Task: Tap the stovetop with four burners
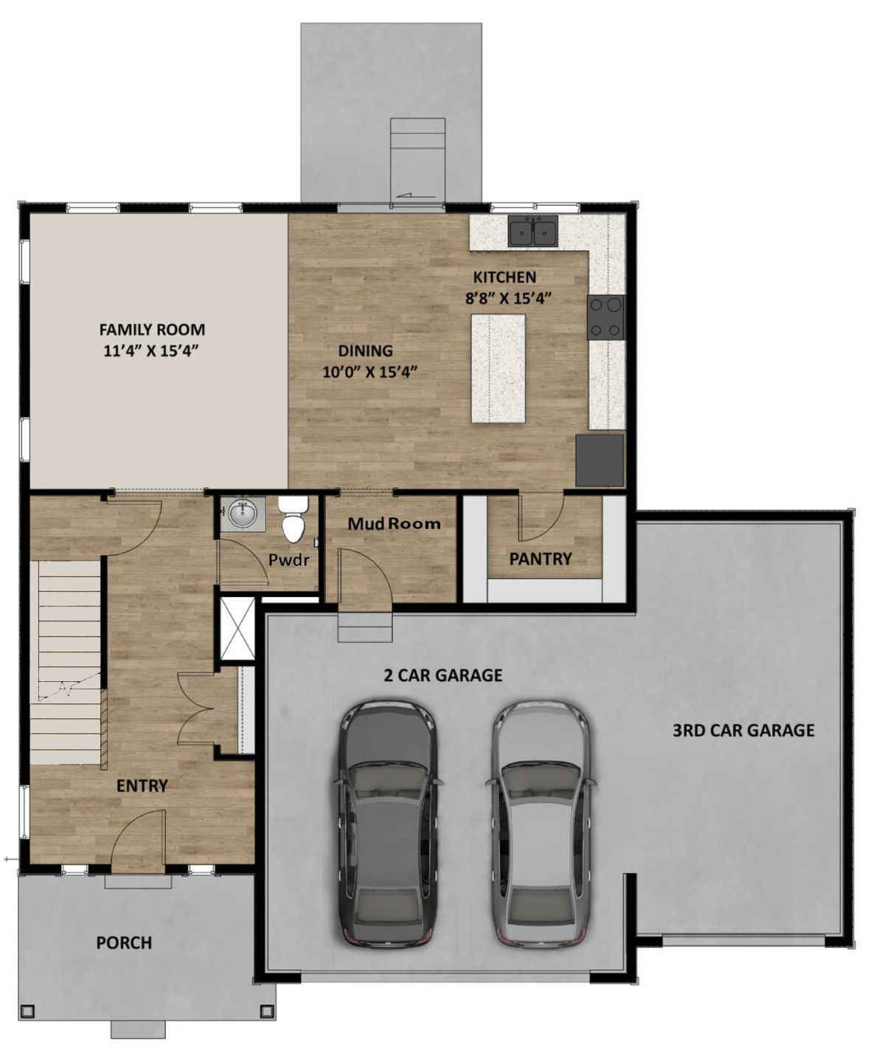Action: (x=605, y=317)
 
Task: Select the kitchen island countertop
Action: (x=498, y=368)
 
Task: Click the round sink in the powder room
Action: (x=243, y=514)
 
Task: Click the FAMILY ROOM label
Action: (x=152, y=330)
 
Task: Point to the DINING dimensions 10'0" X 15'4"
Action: (x=370, y=372)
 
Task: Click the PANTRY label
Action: (x=540, y=559)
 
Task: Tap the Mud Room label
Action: (x=394, y=524)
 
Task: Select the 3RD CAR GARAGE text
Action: (x=743, y=731)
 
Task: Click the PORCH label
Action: (x=124, y=943)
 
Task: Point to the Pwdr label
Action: (x=288, y=560)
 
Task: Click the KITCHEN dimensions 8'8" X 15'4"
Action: (x=508, y=298)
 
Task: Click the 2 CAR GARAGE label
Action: (x=442, y=675)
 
